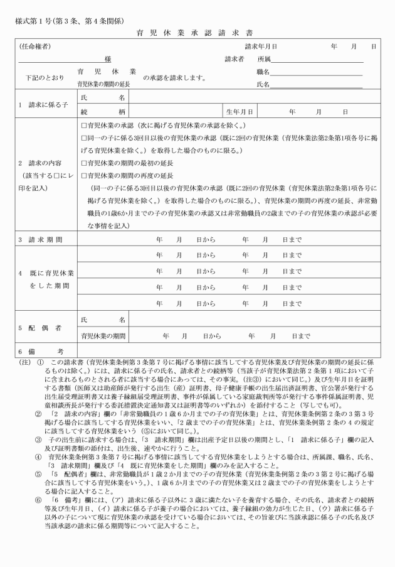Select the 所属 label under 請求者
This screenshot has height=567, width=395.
[264, 59]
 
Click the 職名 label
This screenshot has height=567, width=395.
[264, 72]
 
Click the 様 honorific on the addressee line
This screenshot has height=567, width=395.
[108, 59]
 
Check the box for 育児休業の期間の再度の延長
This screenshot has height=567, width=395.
[84, 175]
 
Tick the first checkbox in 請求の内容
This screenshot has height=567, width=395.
[84, 125]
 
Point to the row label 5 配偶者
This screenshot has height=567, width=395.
[41, 328]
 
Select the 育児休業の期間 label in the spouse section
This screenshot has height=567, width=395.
[103, 336]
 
